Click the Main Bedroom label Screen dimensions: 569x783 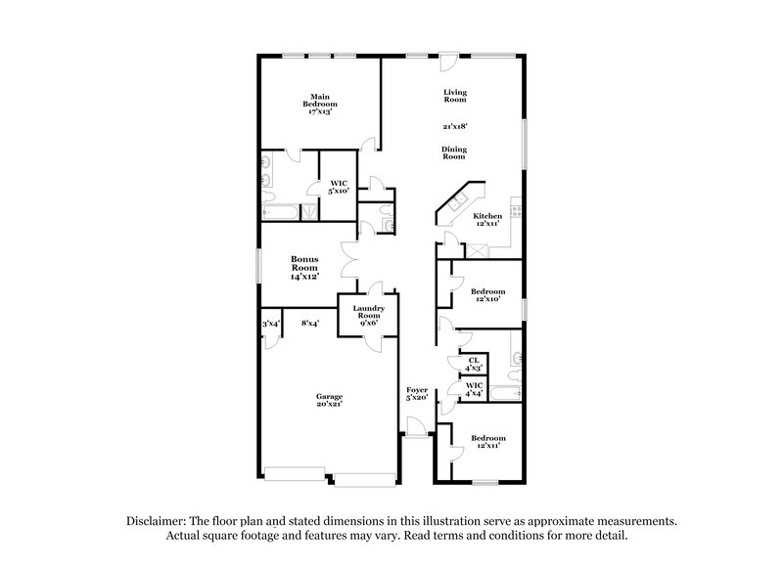(x=319, y=104)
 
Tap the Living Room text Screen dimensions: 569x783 (x=454, y=96)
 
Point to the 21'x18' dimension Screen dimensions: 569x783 (x=454, y=126)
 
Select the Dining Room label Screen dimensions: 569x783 (x=454, y=153)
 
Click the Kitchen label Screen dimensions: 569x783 (x=487, y=215)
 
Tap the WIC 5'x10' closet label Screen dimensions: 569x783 (x=339, y=187)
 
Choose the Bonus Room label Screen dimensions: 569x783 (x=305, y=267)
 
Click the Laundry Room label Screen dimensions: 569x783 (x=368, y=314)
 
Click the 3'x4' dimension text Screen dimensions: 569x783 (x=269, y=324)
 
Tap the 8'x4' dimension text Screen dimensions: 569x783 (x=311, y=323)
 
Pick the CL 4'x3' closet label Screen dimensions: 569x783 (x=474, y=364)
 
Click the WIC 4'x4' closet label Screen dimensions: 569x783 (x=474, y=389)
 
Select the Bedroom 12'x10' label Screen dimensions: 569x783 (x=487, y=295)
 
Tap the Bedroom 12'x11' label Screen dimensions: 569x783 (x=487, y=441)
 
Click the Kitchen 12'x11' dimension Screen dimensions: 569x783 (x=487, y=224)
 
